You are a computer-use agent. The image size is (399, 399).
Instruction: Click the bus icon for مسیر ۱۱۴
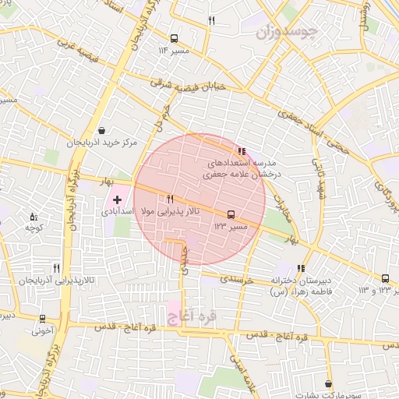tap(173, 37)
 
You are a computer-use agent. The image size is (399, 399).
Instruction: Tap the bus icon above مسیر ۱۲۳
tap(230, 214)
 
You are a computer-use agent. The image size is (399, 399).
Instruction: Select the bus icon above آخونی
tap(41, 318)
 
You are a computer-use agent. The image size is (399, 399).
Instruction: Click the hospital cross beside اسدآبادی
tap(117, 200)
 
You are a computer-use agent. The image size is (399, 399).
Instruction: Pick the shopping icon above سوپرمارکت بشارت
tap(329, 383)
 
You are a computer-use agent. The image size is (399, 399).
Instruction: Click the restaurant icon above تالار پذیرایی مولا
tap(170, 199)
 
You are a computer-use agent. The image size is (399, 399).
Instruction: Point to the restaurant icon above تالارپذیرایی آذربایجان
tap(56, 267)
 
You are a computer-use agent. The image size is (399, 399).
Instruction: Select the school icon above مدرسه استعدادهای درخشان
tap(242, 151)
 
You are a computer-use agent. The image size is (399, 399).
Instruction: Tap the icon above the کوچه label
tap(33, 216)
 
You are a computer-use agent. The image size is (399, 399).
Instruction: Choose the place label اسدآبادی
tap(118, 212)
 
